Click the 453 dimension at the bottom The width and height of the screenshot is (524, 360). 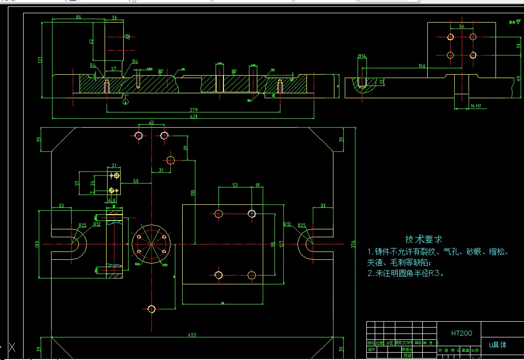192,335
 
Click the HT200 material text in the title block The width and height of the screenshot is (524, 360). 462,333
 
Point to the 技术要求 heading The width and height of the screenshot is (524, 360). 423,239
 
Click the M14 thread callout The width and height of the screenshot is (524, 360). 362,56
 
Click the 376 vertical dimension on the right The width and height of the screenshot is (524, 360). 353,244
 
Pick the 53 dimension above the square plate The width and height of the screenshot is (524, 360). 235,185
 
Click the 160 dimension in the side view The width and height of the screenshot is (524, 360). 421,65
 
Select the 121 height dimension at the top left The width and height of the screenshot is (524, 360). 40,60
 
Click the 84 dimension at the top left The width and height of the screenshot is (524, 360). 78,17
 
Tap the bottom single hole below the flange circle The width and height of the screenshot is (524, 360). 151,309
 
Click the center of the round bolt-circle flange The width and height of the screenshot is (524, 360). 152,244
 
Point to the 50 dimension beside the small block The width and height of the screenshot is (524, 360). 136,181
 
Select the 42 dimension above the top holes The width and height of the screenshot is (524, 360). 151,122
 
